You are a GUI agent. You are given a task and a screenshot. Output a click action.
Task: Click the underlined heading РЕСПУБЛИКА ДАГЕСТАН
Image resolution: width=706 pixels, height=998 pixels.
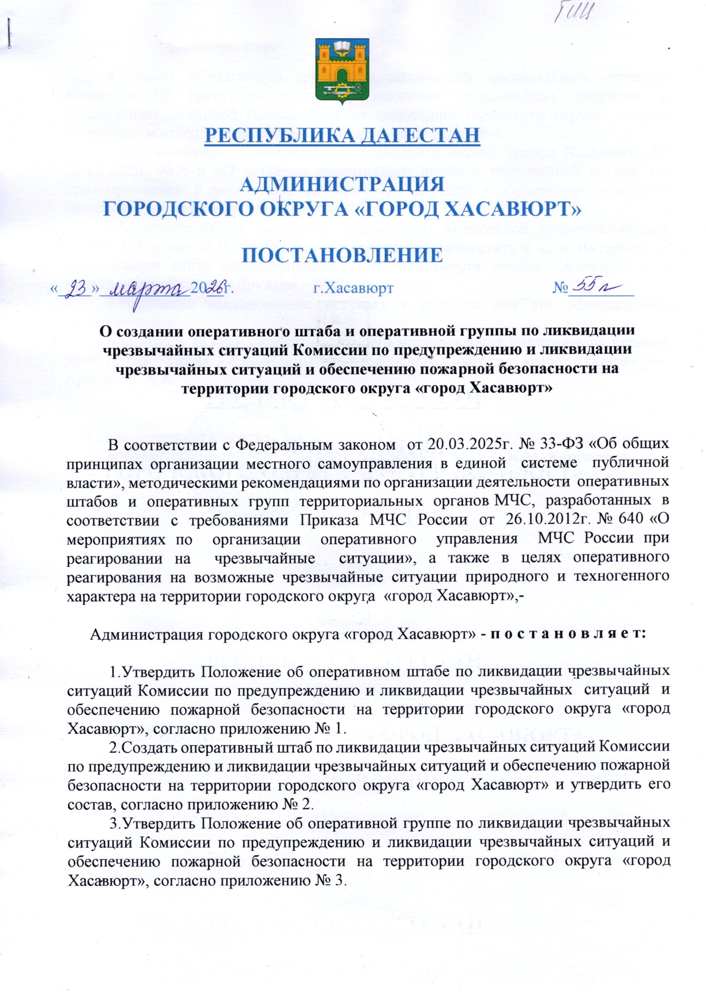tap(342, 134)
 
